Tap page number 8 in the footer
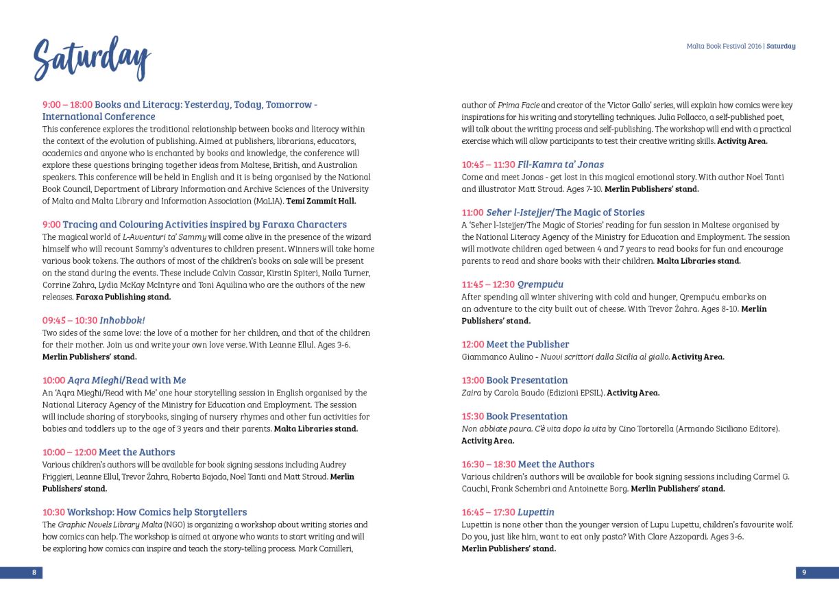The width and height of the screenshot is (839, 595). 34,572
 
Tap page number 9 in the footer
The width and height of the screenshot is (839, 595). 804,572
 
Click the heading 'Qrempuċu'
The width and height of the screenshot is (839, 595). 540,284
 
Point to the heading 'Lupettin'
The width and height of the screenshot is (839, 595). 536,512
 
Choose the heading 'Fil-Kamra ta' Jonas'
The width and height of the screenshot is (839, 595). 561,165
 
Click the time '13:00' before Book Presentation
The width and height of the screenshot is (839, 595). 473,380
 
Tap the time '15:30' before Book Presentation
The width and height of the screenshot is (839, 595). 473,416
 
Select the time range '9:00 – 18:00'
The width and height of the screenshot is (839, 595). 67,105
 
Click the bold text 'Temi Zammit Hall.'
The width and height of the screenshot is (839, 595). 321,201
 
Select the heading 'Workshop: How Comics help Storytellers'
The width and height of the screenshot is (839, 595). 157,512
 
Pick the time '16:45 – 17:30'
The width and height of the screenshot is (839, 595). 488,512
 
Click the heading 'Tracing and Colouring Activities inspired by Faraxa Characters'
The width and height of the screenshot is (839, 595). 204,224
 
